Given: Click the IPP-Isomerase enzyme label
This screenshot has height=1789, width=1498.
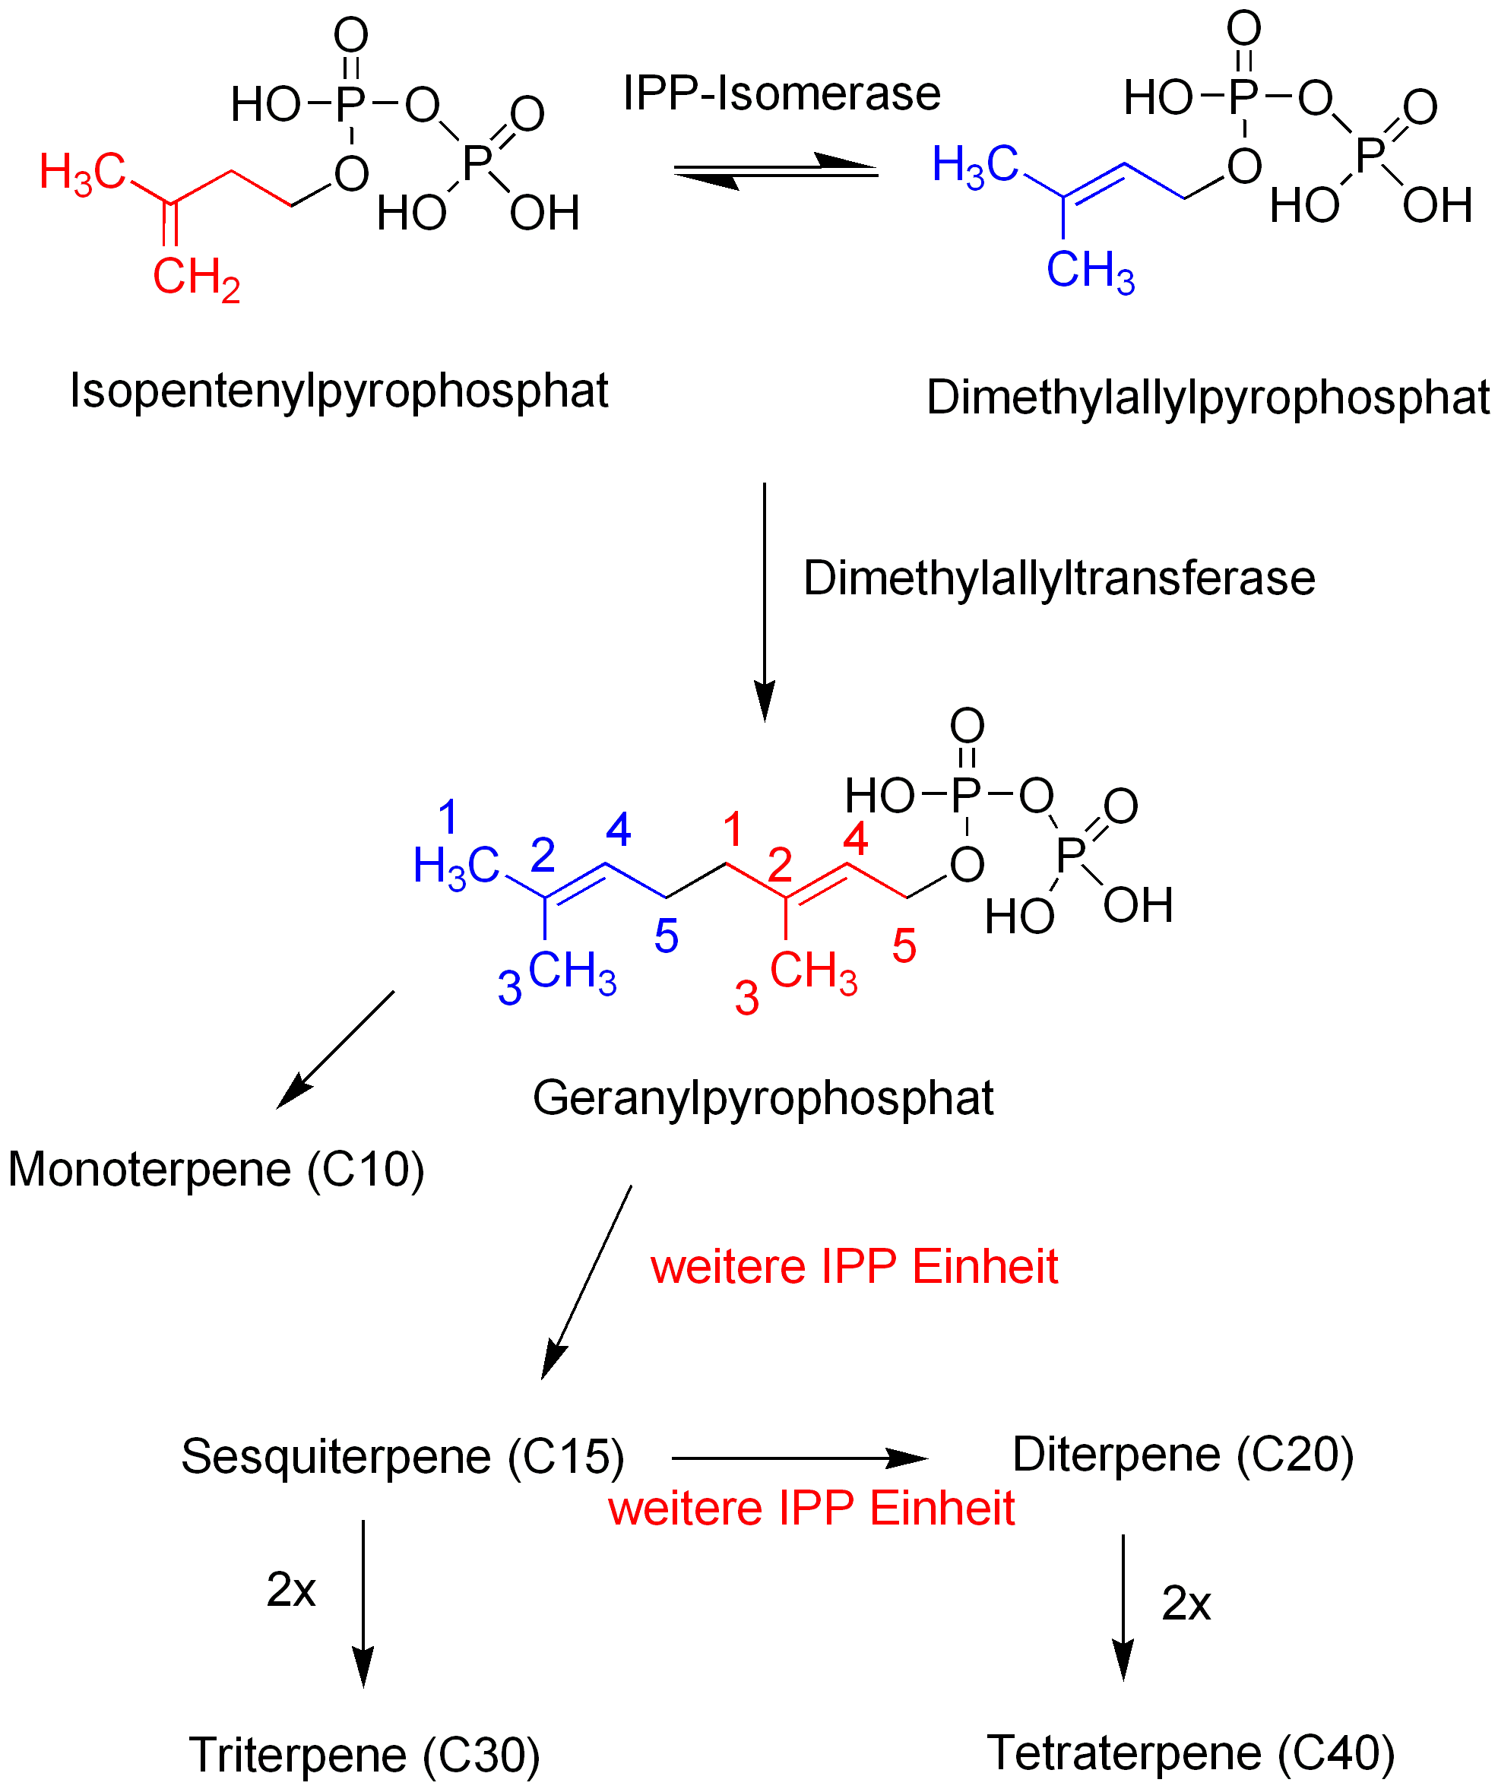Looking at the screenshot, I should click(781, 93).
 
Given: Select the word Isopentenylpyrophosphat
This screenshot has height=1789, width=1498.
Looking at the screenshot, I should click(338, 391).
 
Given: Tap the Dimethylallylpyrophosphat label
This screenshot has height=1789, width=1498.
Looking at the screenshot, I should click(1208, 397).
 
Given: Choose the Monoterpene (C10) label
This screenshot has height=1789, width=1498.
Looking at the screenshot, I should click(216, 1169).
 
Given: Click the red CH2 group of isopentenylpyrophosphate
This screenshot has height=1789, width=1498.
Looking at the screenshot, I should click(196, 277).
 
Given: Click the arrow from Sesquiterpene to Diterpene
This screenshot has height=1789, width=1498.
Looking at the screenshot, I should click(799, 1458).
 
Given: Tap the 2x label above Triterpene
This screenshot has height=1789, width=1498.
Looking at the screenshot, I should click(290, 1590).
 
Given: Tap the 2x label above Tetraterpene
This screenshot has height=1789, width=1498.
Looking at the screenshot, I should click(1186, 1604).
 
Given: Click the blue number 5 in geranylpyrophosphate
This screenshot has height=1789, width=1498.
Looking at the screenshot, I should click(666, 936).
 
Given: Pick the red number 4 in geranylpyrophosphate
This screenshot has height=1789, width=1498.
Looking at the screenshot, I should click(855, 838).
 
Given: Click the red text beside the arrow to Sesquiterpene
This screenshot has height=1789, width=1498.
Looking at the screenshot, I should click(853, 1267).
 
